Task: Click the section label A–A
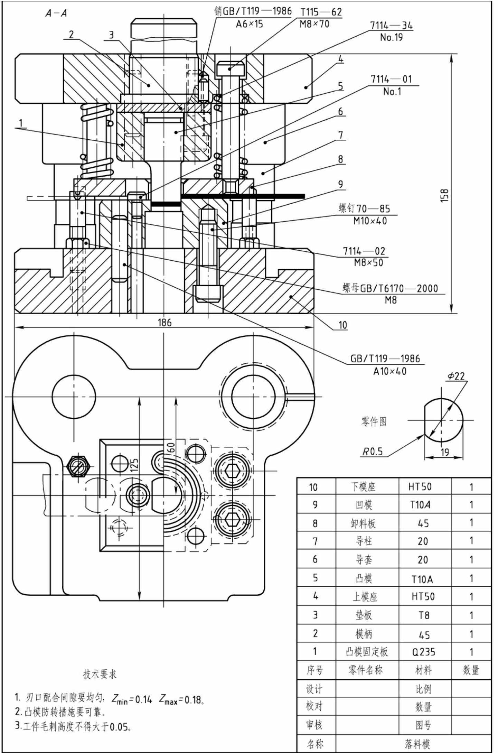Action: [x=56, y=13]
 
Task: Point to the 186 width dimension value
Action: [x=165, y=322]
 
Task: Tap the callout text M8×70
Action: [x=314, y=24]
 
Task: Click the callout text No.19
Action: [x=392, y=37]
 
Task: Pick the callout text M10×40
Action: [x=370, y=221]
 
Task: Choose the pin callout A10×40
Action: [x=390, y=371]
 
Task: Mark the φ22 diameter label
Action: [x=456, y=376]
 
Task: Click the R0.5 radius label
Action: [x=373, y=452]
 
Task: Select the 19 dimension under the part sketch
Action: [x=445, y=452]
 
